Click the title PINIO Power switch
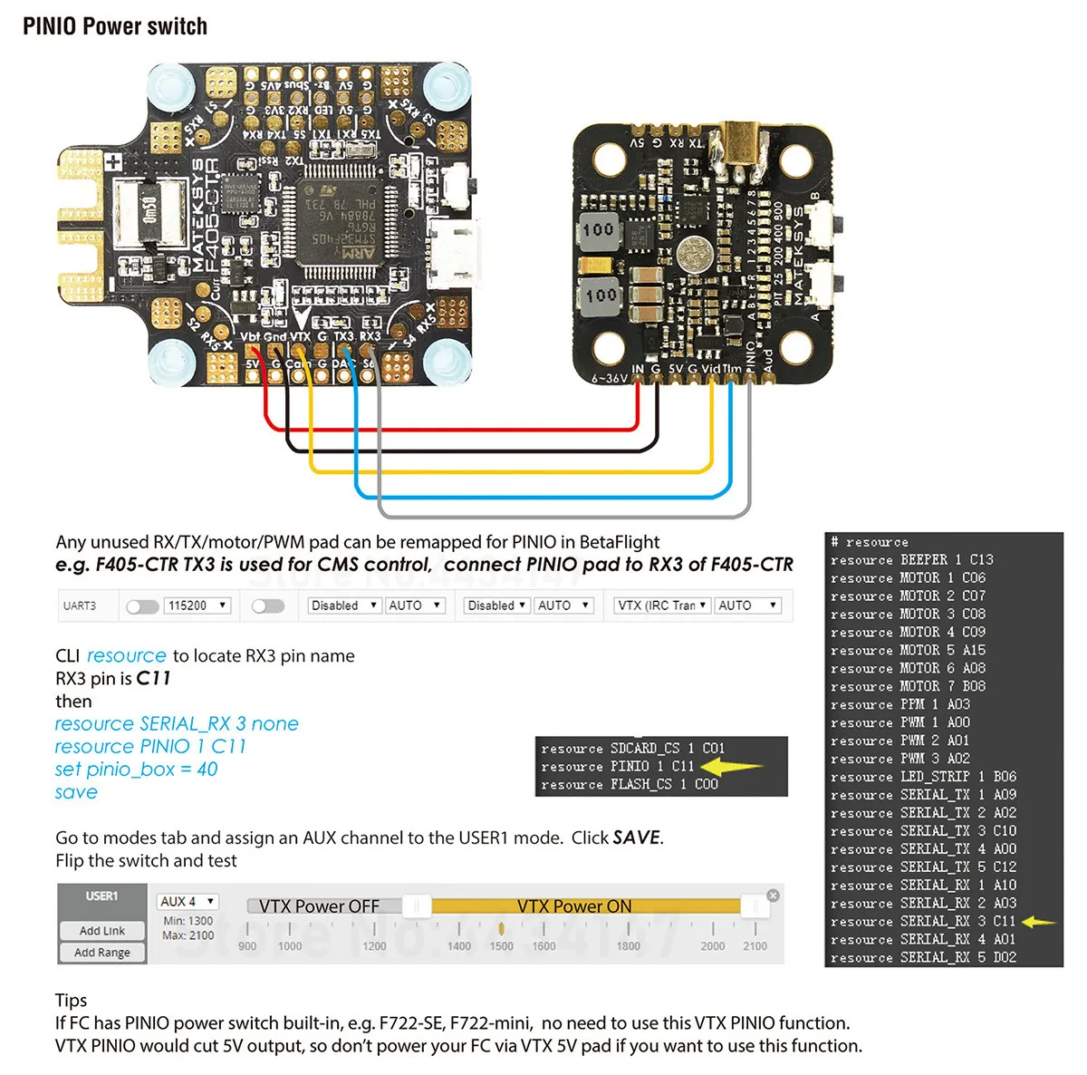(115, 26)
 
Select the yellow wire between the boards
(507, 471)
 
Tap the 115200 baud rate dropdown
(197, 605)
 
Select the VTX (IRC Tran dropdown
(661, 605)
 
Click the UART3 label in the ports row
(80, 605)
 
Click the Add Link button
(102, 931)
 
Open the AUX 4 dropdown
(188, 902)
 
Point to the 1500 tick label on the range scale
(501, 946)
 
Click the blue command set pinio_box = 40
(136, 770)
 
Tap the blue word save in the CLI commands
(76, 792)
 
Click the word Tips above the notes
(72, 1001)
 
